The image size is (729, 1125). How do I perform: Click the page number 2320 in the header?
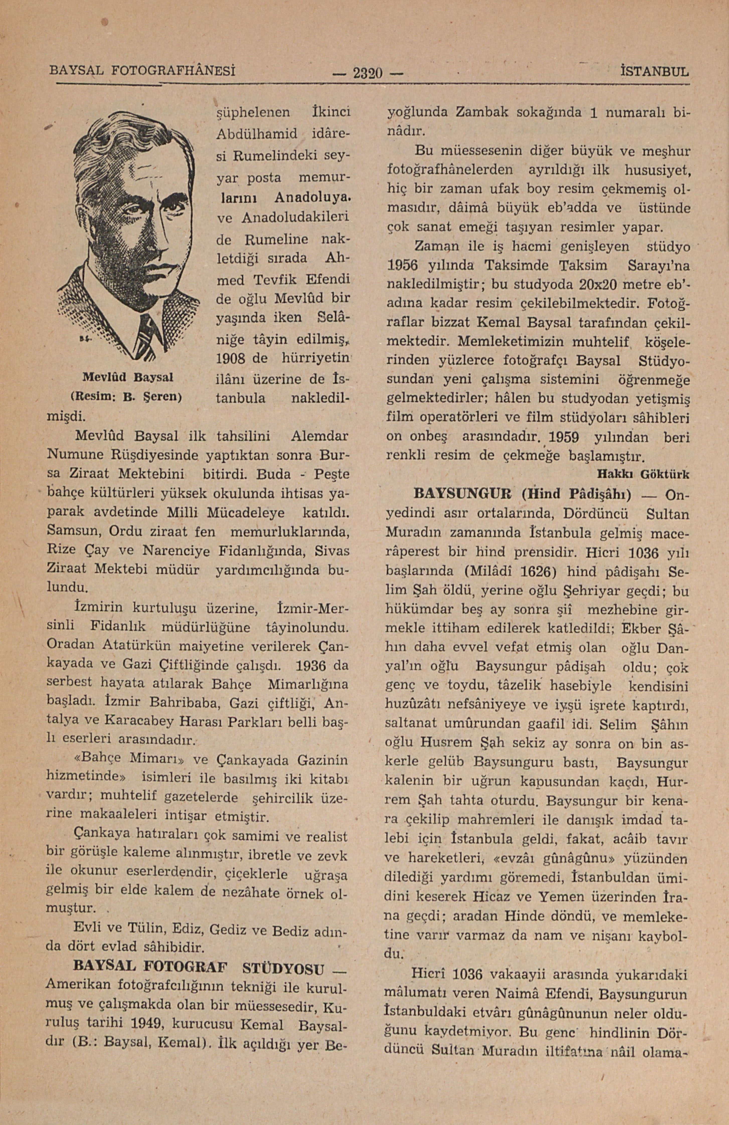368,74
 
